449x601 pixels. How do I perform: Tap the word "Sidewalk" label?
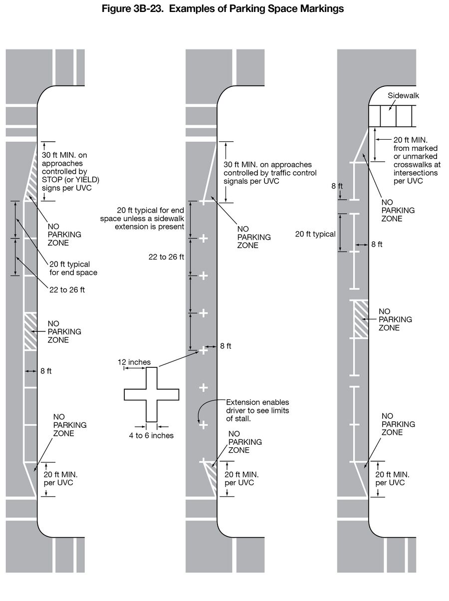coord(403,95)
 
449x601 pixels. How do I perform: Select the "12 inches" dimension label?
coord(134,362)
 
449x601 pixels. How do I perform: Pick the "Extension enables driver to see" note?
coord(257,410)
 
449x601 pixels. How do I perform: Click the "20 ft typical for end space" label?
coord(73,268)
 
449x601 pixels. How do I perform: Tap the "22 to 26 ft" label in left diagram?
coord(67,290)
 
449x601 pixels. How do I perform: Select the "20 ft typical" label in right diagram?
coord(315,234)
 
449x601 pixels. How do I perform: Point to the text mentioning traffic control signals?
coord(267,173)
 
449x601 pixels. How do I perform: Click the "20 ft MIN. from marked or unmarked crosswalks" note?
coord(417,160)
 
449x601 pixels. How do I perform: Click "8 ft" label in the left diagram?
coord(46,371)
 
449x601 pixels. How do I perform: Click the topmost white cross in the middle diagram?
coord(204,202)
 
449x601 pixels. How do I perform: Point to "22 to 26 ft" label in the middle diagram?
coord(166,257)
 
